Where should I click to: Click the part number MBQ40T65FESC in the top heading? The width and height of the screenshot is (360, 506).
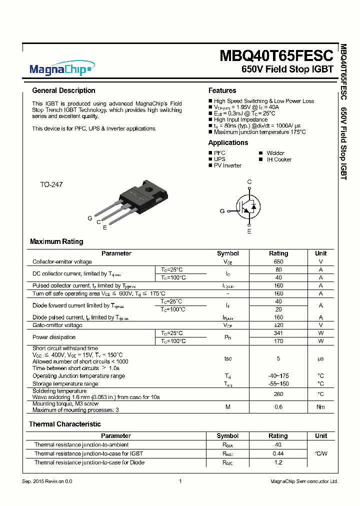click(x=276, y=55)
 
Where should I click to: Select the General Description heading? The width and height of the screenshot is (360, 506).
click(x=63, y=90)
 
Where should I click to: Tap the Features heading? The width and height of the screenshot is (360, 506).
click(x=222, y=90)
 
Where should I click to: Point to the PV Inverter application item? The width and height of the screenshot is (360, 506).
click(x=227, y=165)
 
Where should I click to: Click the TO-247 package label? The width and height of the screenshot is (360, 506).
click(x=51, y=184)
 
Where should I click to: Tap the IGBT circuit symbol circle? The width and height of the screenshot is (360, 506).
click(x=248, y=206)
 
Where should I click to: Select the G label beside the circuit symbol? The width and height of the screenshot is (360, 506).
click(x=222, y=211)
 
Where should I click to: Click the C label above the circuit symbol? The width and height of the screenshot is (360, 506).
click(x=249, y=182)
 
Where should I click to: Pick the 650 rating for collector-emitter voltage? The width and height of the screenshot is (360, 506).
click(x=278, y=261)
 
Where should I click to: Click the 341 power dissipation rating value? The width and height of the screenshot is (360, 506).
click(x=278, y=333)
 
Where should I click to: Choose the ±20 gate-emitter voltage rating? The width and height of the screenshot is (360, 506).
click(x=278, y=325)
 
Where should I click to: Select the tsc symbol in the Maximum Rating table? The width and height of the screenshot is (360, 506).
click(x=227, y=358)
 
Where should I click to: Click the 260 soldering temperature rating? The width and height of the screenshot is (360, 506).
click(x=278, y=393)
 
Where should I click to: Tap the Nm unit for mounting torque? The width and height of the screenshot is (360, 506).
click(x=320, y=406)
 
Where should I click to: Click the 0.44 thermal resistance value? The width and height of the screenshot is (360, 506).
click(x=278, y=453)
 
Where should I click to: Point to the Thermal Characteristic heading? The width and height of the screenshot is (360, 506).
click(x=64, y=424)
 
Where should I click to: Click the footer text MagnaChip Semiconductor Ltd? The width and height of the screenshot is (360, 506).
click(x=304, y=481)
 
